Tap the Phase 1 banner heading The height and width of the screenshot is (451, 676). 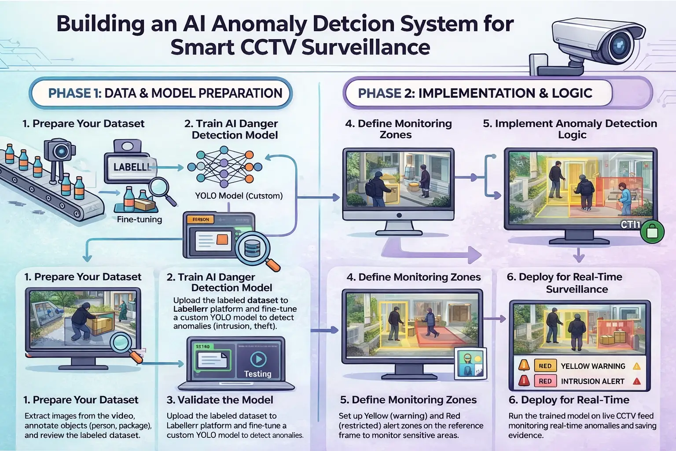(165, 93)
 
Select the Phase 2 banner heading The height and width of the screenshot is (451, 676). (475, 93)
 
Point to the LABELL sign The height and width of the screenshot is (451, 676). (131, 167)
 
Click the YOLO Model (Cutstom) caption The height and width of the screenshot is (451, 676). (239, 196)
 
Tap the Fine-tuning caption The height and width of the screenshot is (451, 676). (140, 219)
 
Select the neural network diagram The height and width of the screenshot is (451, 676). (224, 167)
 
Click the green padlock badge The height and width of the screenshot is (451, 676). (652, 231)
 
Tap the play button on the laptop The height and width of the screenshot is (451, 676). (258, 359)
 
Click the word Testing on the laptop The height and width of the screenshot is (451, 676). (258, 374)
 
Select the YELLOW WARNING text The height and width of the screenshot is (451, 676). (593, 366)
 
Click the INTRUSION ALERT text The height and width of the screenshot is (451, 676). (592, 381)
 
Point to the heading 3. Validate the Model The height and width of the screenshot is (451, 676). (220, 400)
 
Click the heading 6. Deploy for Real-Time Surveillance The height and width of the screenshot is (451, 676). (577, 283)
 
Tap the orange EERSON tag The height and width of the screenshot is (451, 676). (201, 219)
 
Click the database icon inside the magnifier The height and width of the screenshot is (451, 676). (252, 249)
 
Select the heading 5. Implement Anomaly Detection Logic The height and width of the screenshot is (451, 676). (570, 129)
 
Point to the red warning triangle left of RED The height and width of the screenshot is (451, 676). (524, 381)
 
